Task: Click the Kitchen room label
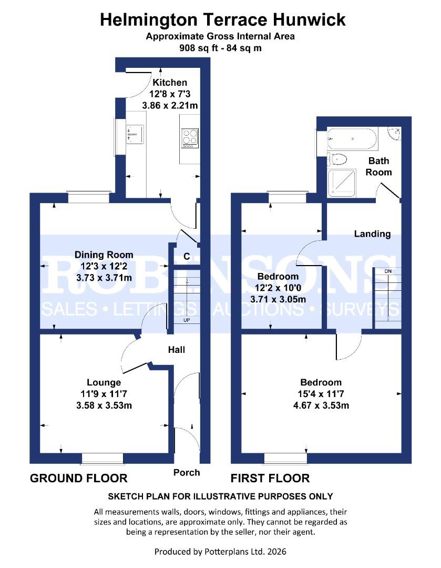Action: tap(169, 83)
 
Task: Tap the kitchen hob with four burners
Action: tap(190, 137)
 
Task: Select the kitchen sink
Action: tap(135, 135)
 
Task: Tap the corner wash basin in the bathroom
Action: tap(394, 134)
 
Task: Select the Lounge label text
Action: tap(104, 382)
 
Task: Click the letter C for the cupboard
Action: tap(186, 257)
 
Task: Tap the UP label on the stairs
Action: tap(187, 320)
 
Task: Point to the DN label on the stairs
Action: tap(388, 271)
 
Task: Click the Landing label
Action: tap(372, 234)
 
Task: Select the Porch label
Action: tap(187, 472)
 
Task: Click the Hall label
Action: tap(177, 349)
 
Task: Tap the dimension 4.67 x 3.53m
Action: tap(321, 405)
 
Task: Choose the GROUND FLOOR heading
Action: tap(79, 478)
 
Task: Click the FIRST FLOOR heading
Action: tap(270, 478)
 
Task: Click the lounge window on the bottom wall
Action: tap(103, 459)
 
